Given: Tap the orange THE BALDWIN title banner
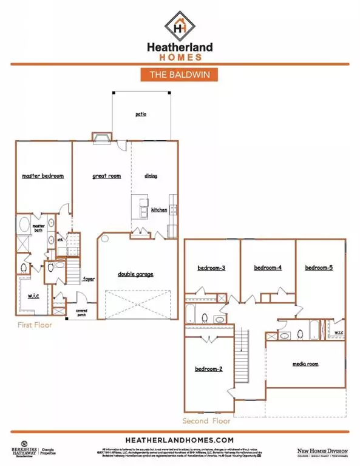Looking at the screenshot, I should point(179,75).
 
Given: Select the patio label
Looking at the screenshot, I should point(141,113).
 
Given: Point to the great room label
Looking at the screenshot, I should point(106,176).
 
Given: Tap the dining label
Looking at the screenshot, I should point(151,176).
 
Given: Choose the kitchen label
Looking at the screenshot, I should point(159,209).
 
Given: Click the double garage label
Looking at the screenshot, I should point(135,274).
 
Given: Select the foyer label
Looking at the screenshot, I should point(89,279).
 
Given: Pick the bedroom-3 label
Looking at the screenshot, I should point(211,268).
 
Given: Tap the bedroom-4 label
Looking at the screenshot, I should point(268,268).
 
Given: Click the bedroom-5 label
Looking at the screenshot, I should point(319,268).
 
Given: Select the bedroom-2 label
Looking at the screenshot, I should point(208,368).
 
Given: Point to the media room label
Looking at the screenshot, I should point(305,364).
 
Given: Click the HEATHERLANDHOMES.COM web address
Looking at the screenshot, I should point(179,439).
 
